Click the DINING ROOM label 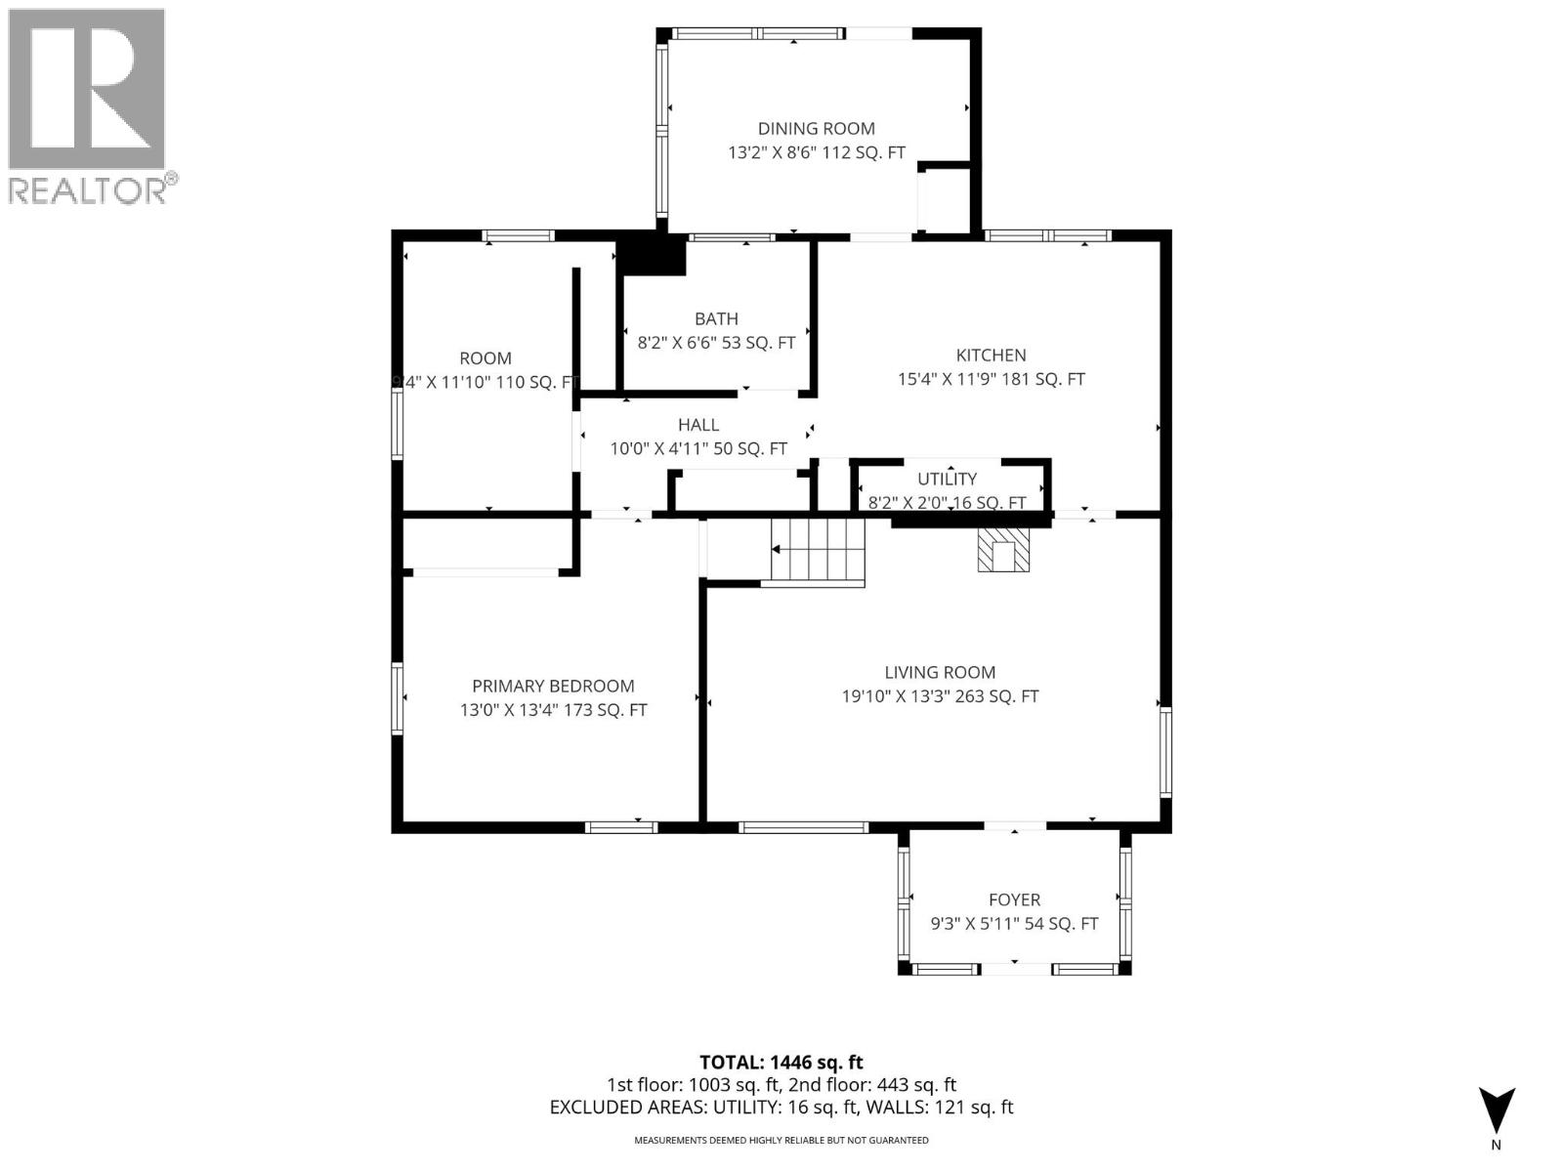coord(816,128)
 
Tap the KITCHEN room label coord(991,356)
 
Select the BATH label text coord(716,318)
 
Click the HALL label coord(698,425)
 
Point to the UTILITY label coord(947,479)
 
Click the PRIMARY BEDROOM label coord(553,687)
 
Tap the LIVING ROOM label coord(940,672)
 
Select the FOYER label coord(1014,900)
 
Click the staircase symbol coord(819,552)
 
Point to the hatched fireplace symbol coord(1003,551)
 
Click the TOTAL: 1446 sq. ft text coord(781,1062)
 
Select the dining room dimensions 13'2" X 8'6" coord(778,153)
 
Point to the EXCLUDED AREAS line coord(781,1107)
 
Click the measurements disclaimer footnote coord(781,1140)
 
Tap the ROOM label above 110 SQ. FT coord(486,358)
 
